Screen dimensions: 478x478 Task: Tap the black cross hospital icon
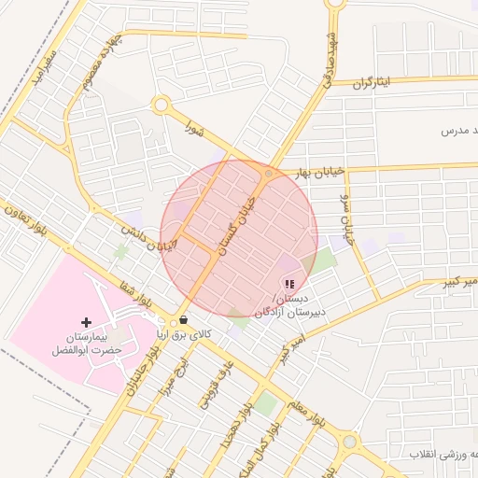[x=87, y=322]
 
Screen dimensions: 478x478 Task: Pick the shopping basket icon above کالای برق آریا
[x=183, y=319]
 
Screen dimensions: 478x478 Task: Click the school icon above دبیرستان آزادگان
[x=288, y=284]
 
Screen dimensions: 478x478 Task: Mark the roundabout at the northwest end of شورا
[x=161, y=105]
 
